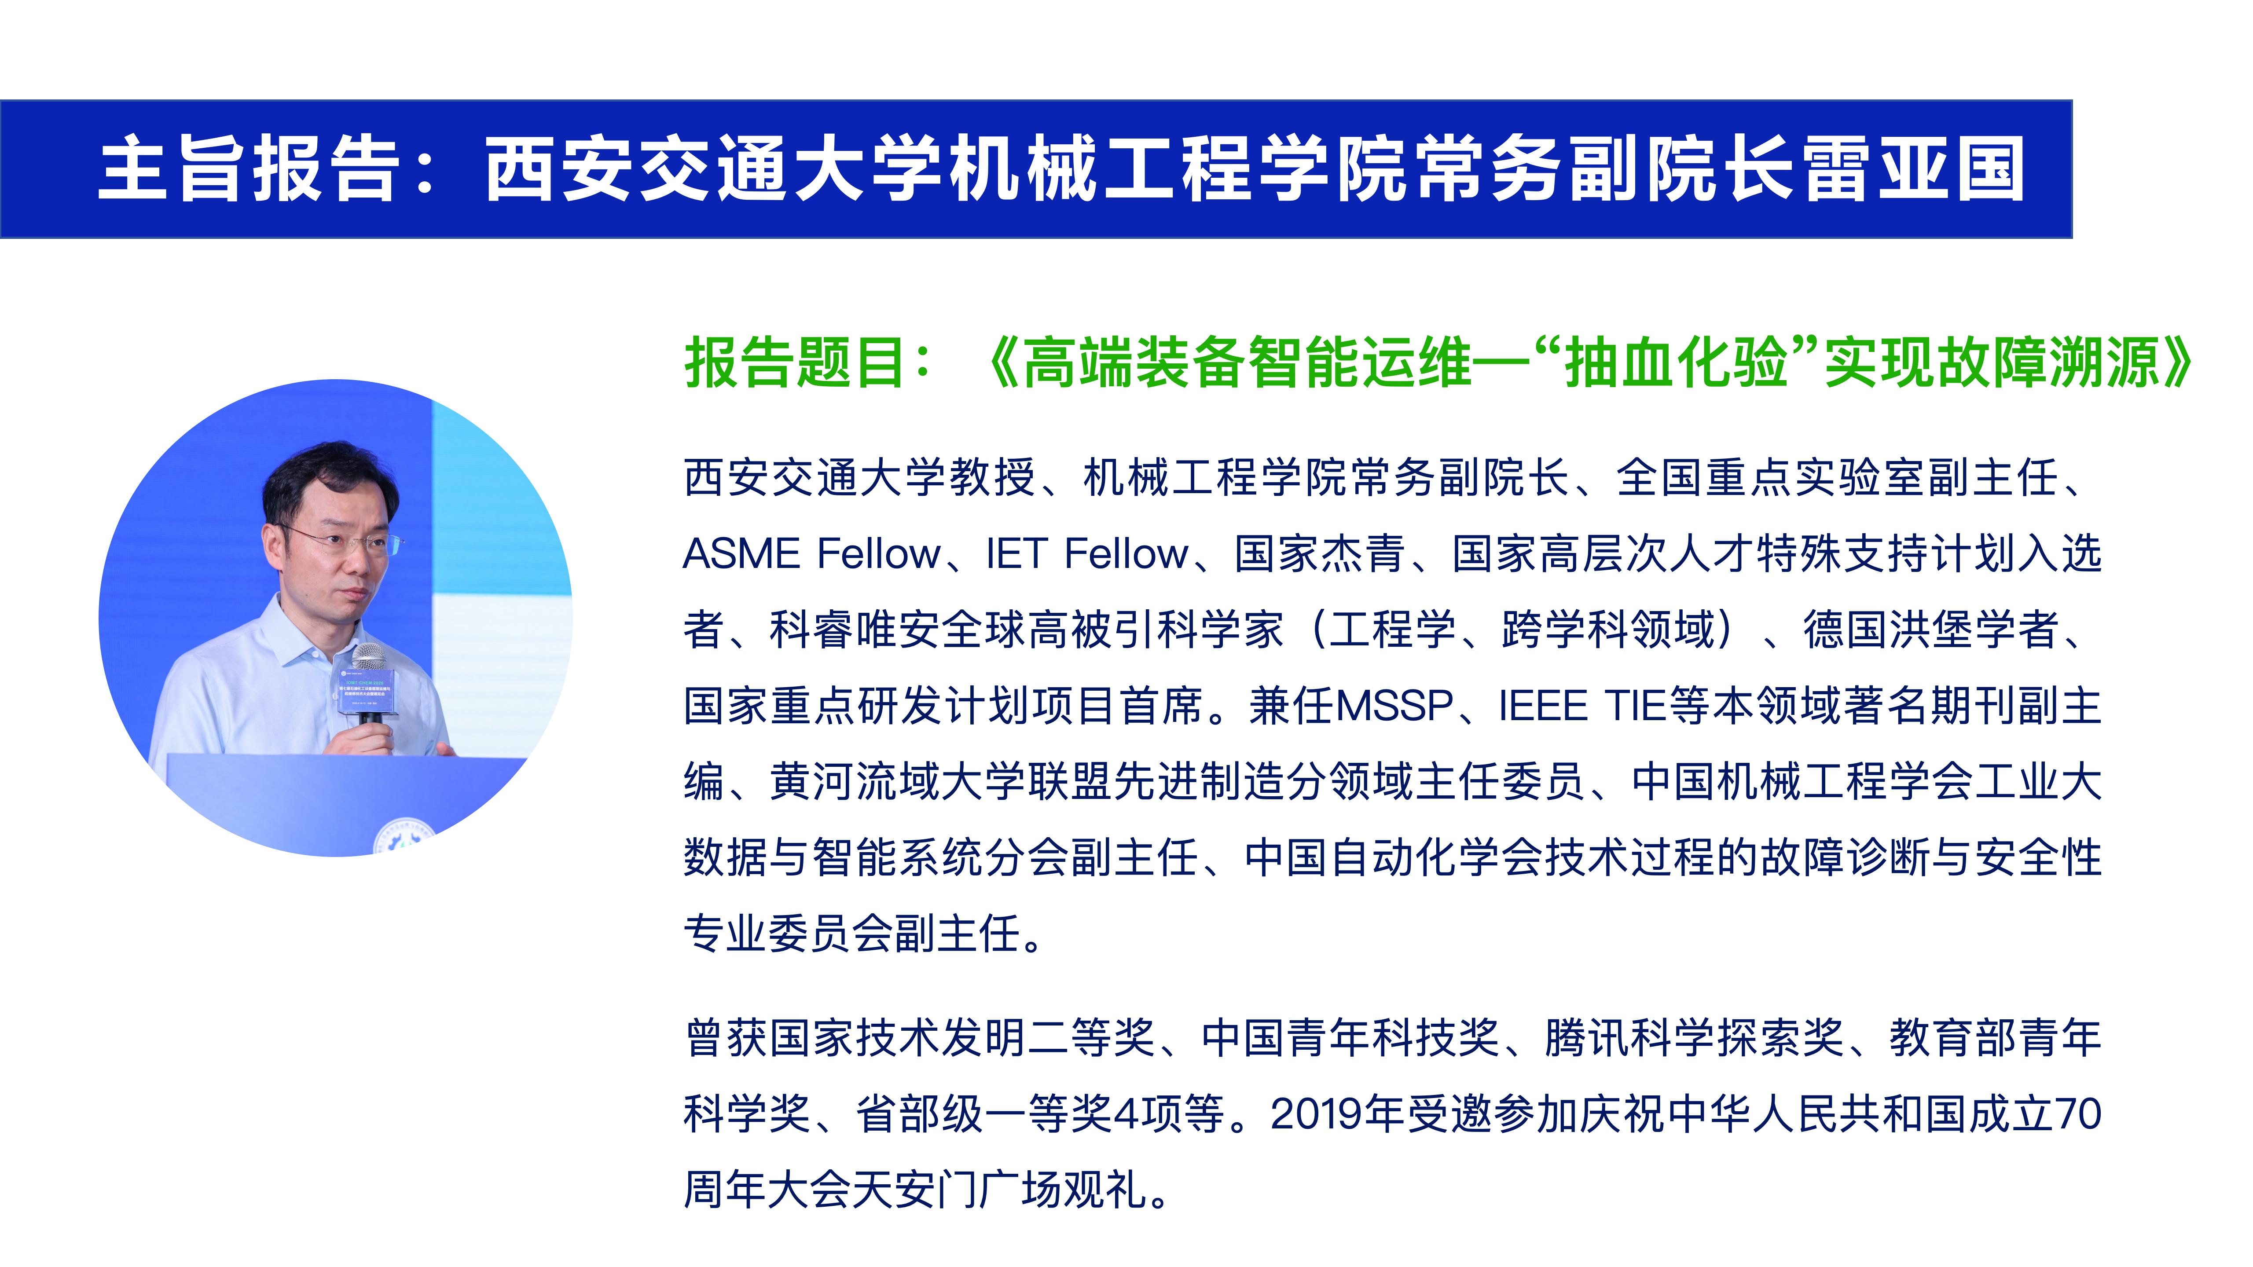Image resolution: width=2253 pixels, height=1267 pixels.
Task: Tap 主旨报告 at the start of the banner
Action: point(249,169)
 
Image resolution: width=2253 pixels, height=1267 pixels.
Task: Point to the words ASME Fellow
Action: point(811,553)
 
